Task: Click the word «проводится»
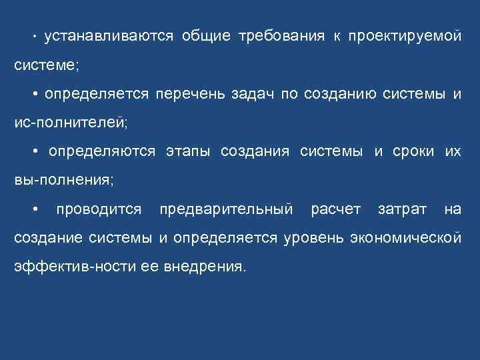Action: coord(99,210)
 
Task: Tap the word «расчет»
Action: coord(335,210)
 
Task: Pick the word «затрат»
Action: coord(402,210)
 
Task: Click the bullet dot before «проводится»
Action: coord(35,210)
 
